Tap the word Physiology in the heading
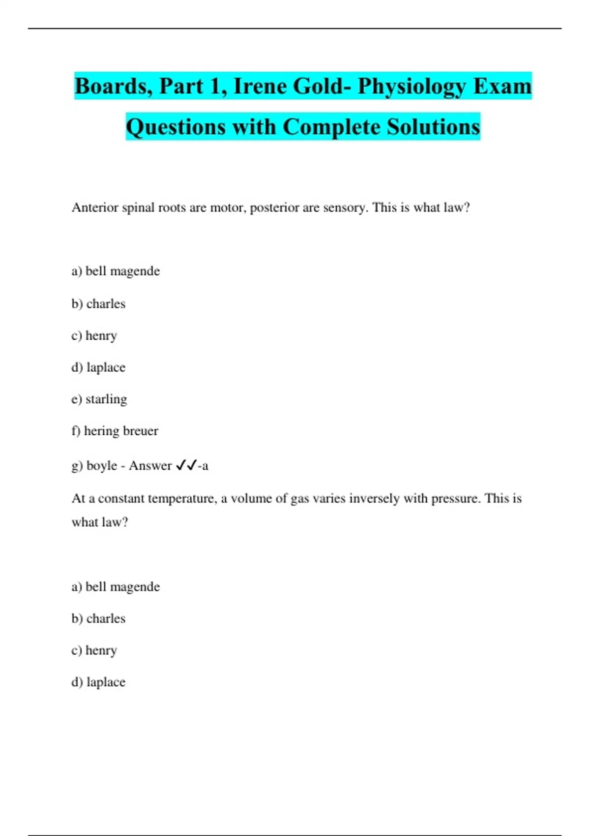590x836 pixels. click(x=411, y=87)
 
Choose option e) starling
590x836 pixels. click(x=99, y=399)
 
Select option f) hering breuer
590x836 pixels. click(x=115, y=431)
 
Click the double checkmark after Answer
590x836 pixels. click(x=186, y=465)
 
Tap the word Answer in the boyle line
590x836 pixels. click(x=150, y=465)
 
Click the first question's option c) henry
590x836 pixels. click(x=94, y=335)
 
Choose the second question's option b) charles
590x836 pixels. click(x=98, y=618)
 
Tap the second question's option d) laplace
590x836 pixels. click(x=98, y=682)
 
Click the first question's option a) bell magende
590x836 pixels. click(x=116, y=271)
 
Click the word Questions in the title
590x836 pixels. click(x=176, y=127)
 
